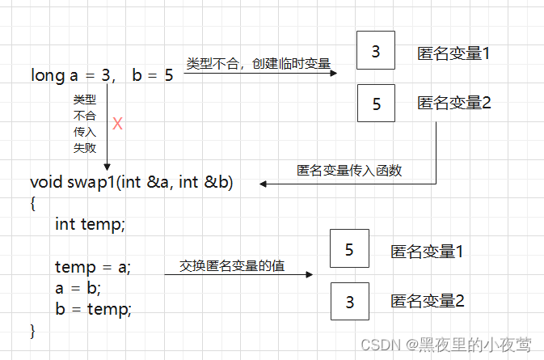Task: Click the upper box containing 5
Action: pyautogui.click(x=375, y=104)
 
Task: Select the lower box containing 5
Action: pyautogui.click(x=349, y=249)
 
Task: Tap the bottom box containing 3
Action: pyautogui.click(x=349, y=302)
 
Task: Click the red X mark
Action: pyautogui.click(x=117, y=124)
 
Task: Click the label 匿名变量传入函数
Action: pyautogui.click(x=349, y=171)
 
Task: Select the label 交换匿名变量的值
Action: pyautogui.click(x=232, y=265)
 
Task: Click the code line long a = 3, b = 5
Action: pyautogui.click(x=102, y=76)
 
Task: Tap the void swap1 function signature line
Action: pyautogui.click(x=131, y=182)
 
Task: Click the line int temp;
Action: pyautogui.click(x=90, y=223)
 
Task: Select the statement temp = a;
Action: pyautogui.click(x=92, y=267)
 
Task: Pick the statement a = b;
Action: pyautogui.click(x=78, y=287)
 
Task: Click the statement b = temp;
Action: pyautogui.click(x=92, y=308)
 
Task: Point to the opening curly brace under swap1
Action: pyautogui.click(x=33, y=203)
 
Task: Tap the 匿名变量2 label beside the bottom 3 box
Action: pyautogui.click(x=427, y=302)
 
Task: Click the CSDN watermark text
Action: pyautogui.click(x=446, y=345)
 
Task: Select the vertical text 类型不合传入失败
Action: pyautogui.click(x=85, y=124)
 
